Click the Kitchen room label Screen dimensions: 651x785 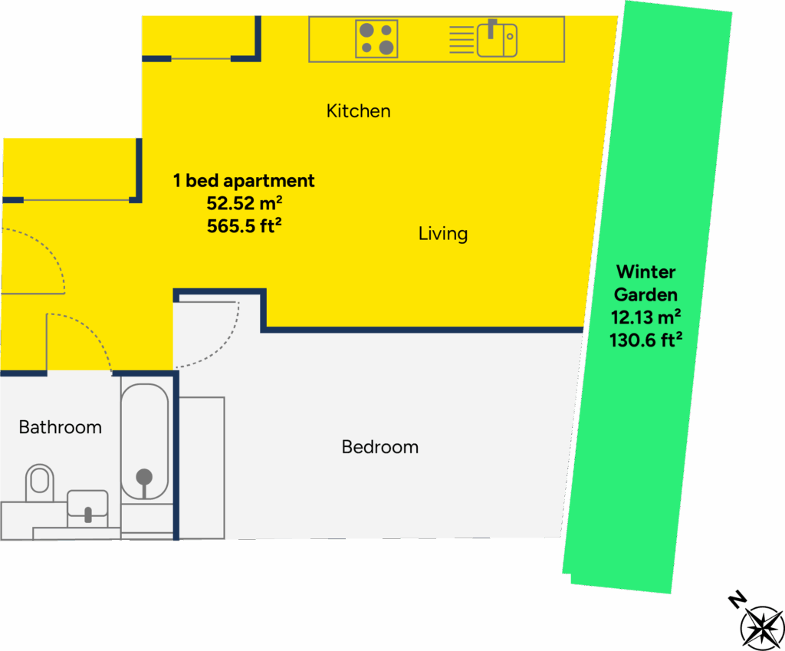tap(358, 111)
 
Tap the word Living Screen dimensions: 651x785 tap(442, 234)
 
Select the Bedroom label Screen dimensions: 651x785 tap(380, 447)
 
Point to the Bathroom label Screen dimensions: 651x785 tap(60, 427)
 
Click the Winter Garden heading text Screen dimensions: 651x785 tap(645, 283)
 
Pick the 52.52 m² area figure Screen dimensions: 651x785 tap(240, 204)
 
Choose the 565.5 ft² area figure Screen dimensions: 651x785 tap(240, 226)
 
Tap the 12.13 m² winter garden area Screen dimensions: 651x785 tap(645, 317)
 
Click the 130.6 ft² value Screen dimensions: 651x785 tap(645, 340)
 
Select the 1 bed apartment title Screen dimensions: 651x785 tap(244, 181)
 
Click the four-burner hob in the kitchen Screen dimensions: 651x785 tap(376, 39)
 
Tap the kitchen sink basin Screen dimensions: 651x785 tap(497, 39)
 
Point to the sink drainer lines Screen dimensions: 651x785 tap(461, 40)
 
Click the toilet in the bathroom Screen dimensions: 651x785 tap(40, 482)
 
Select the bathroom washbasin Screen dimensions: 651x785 tap(87, 507)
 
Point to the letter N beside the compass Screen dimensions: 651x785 tap(737, 600)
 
